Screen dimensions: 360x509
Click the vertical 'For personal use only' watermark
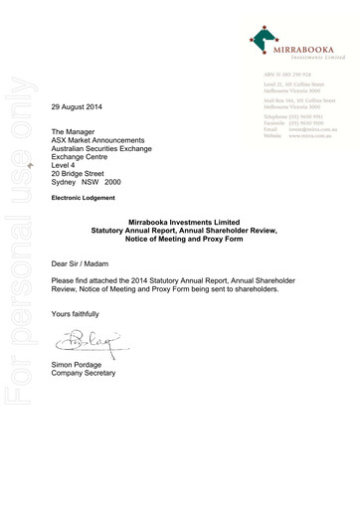22,278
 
